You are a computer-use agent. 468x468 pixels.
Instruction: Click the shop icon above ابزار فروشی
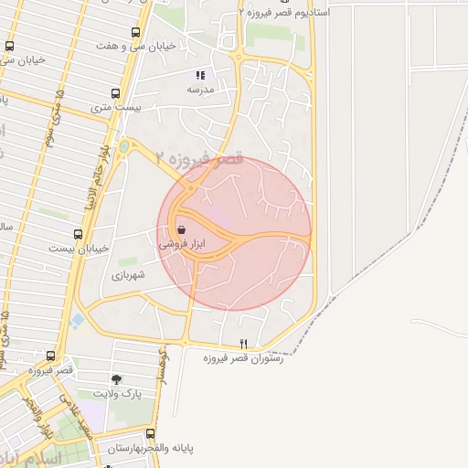point(182,229)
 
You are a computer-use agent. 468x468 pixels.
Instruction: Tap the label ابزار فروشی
point(182,244)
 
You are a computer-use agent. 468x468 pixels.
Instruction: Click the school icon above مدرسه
point(200,76)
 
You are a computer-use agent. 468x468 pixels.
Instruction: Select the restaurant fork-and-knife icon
point(243,344)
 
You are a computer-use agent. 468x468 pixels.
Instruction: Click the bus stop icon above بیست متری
point(114,93)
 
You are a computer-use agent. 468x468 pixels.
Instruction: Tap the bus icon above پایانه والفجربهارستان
point(151,434)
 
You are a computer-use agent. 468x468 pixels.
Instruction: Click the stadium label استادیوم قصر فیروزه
point(284,13)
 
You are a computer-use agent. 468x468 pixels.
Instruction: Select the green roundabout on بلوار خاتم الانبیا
point(124,146)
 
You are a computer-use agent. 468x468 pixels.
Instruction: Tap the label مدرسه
point(199,90)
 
